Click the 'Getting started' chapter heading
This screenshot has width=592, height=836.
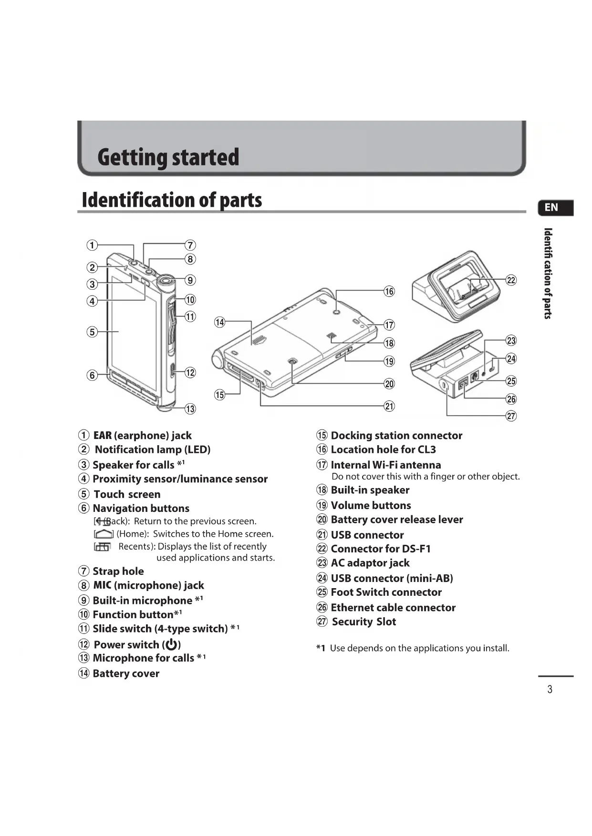pos(168,158)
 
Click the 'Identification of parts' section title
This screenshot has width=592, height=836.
pos(172,200)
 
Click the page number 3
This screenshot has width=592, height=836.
pos(550,689)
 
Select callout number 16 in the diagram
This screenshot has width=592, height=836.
pos(389,291)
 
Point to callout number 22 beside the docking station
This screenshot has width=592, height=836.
pos(511,280)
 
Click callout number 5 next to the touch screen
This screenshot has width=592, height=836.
pos(92,332)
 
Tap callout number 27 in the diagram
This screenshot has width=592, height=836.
pos(511,416)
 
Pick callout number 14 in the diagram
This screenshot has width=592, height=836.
pos(219,322)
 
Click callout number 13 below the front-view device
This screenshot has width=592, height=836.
pos(190,409)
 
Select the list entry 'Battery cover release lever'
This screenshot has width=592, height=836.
pos(396,520)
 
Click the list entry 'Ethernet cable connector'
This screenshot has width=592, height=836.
pos(393,608)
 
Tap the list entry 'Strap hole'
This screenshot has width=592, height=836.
pos(118,571)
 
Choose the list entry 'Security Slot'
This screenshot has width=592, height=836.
pos(364,622)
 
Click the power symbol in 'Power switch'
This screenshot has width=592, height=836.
pos(172,645)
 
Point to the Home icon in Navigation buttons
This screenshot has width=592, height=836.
pos(104,534)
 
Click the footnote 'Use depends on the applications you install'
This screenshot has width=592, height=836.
pos(419,648)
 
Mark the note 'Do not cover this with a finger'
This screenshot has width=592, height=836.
pos(425,477)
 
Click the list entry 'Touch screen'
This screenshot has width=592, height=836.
pos(126,494)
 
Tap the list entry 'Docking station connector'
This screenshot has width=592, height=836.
pos(396,436)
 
